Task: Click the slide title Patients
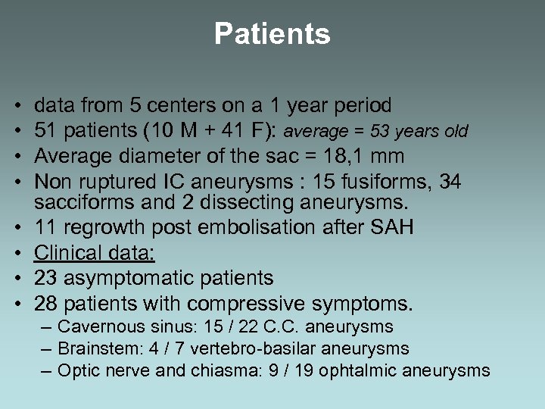pyautogui.click(x=272, y=34)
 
